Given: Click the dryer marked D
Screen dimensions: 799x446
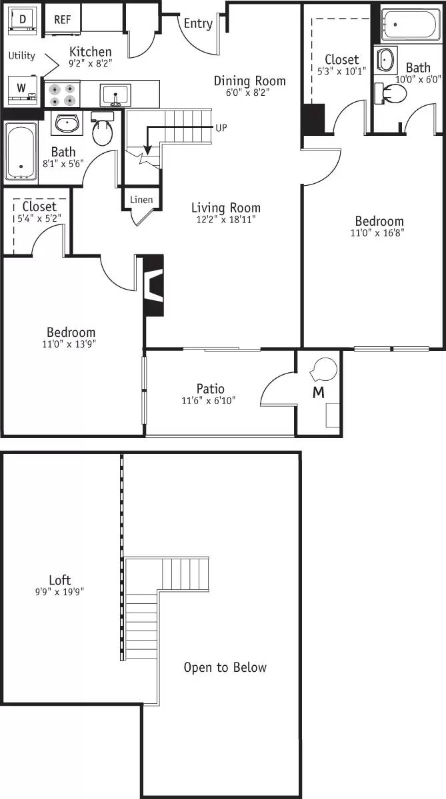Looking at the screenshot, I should point(23,20).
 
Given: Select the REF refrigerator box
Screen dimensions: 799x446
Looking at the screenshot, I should point(62,20).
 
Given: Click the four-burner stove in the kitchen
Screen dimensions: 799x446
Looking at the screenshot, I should point(61,94).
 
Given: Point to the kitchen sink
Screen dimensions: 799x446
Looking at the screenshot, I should point(115,95).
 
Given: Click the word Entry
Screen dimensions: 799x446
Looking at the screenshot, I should point(198,23).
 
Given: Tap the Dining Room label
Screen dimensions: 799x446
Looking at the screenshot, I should point(249,81).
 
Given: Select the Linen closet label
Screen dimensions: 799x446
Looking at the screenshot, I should point(141,200).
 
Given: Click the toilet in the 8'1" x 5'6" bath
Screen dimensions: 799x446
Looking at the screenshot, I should point(102,130).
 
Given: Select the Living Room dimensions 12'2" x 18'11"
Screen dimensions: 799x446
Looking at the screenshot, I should point(226,218).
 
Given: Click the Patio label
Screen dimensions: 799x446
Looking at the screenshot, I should point(210,389).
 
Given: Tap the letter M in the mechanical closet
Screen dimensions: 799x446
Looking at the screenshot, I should point(319,393).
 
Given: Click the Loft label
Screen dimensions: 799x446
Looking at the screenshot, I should point(59,580).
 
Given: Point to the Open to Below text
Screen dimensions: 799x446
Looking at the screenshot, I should point(225,667).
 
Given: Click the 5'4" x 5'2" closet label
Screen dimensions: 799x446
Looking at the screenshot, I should point(39,218).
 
